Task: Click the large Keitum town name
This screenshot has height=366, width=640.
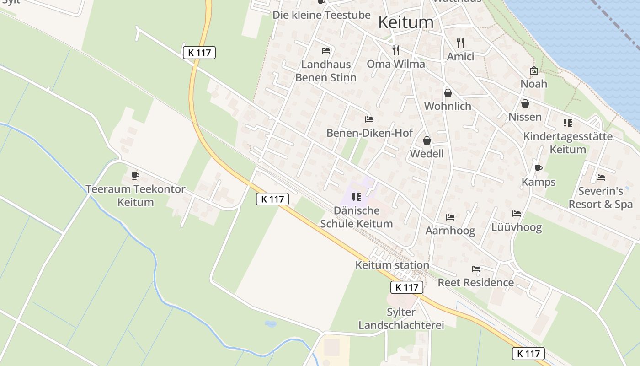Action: point(406,22)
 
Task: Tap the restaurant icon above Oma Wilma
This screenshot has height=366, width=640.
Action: point(396,50)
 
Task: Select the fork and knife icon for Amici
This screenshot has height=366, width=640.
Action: point(460,43)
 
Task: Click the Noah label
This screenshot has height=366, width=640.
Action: point(533,84)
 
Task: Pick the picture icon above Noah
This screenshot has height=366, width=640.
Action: point(533,70)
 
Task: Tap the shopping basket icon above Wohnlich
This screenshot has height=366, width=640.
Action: point(448,93)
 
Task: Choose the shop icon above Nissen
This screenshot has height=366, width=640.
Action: point(525,103)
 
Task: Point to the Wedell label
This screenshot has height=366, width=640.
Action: point(427,154)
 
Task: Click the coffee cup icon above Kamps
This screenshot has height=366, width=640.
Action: point(539,168)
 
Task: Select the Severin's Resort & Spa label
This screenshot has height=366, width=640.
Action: point(600,198)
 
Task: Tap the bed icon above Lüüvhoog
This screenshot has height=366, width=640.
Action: point(517,214)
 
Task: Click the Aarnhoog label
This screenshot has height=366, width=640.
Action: point(450,231)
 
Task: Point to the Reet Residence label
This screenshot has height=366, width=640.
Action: point(475,282)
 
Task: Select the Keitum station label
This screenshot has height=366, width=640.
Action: point(392,265)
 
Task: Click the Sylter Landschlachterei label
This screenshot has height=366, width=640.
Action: point(401,319)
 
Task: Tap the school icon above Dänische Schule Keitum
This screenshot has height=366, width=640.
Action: point(357,197)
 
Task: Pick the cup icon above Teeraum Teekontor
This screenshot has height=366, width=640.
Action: point(135,176)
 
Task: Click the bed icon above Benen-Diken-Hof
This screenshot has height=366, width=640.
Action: point(369,119)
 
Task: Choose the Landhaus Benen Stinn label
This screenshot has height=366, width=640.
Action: point(325,71)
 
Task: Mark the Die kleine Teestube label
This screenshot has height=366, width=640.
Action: point(321,15)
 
